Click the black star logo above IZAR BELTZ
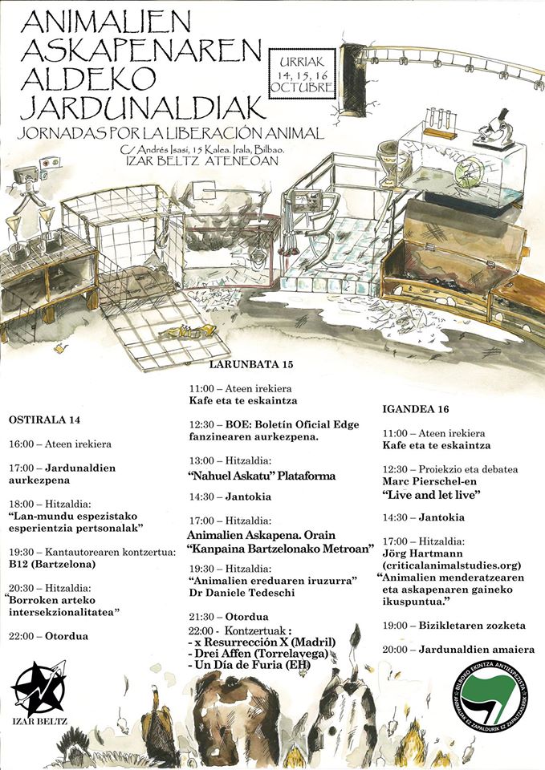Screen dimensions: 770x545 pyautogui.click(x=38, y=689)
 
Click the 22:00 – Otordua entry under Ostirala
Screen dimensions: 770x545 pyautogui.click(x=50, y=635)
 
